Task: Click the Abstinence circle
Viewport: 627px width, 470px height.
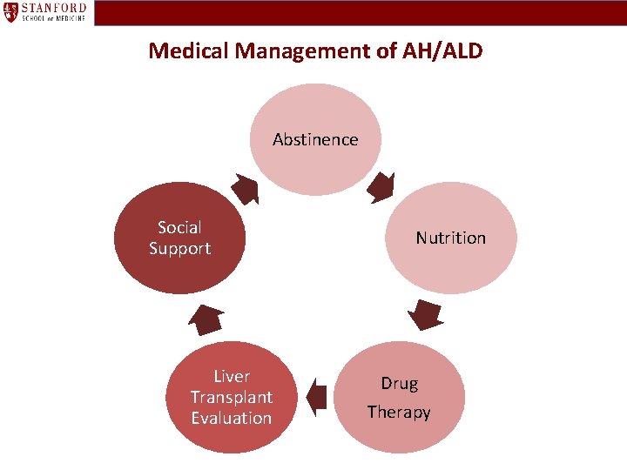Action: point(315,140)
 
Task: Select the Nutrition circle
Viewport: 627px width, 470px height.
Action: point(451,238)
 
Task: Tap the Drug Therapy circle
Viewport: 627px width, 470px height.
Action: point(399,397)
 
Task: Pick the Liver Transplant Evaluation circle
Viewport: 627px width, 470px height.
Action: point(232,397)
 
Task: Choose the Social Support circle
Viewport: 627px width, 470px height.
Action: point(180,238)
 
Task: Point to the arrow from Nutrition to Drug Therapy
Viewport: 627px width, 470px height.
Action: point(425,314)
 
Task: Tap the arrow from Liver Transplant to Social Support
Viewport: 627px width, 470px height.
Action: point(206,319)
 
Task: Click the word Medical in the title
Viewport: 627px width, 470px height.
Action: point(184,50)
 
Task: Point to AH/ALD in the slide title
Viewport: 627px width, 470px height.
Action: point(444,50)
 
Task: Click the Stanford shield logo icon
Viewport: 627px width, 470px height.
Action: point(11,12)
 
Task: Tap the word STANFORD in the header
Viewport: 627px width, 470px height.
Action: point(55,8)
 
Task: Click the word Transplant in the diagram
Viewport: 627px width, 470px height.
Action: point(232,397)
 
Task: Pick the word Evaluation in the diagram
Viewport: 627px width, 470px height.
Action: point(232,418)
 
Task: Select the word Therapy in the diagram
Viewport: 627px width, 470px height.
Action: point(399,412)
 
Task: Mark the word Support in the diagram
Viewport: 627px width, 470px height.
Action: point(180,248)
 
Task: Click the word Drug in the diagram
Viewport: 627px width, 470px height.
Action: point(399,383)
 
